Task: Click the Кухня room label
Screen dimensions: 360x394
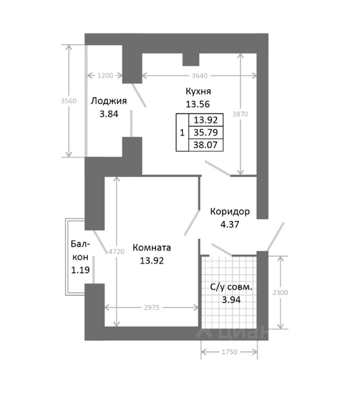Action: click(198, 91)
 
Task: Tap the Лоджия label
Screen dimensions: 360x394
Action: click(108, 101)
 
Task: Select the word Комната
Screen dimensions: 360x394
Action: click(151, 248)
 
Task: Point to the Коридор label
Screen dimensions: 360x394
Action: click(230, 212)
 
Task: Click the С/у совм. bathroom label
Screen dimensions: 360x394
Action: click(231, 287)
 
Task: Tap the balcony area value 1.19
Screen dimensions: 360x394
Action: click(80, 270)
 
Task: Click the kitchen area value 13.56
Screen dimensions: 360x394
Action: click(198, 104)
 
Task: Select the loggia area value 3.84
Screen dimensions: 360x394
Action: click(108, 114)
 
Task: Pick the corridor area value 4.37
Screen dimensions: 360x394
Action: click(229, 224)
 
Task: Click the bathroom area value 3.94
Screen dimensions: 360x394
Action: click(231, 300)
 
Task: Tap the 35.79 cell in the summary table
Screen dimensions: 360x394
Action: click(205, 132)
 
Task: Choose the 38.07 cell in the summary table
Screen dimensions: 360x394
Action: click(205, 144)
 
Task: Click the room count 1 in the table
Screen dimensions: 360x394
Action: click(183, 132)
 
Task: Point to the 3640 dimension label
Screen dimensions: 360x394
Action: click(200, 75)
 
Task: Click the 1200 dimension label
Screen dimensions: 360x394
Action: click(105, 75)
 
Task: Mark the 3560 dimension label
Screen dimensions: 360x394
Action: click(68, 101)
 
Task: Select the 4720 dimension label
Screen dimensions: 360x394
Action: click(117, 251)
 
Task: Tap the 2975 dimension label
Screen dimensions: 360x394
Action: click(151, 308)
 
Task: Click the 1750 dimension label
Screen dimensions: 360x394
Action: click(229, 352)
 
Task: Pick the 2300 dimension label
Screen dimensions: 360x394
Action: click(280, 293)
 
